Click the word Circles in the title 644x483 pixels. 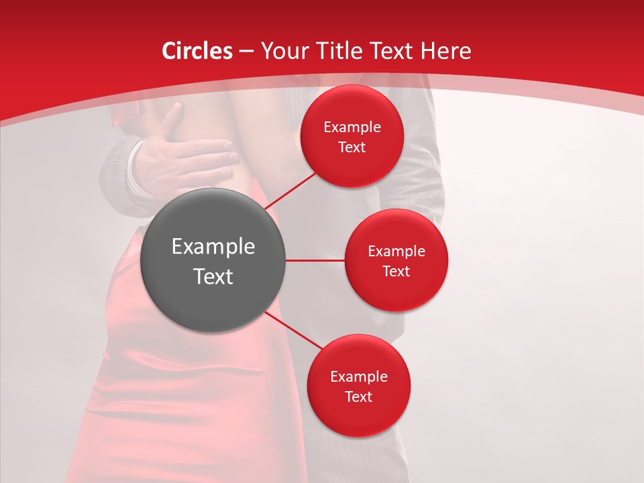click(x=197, y=51)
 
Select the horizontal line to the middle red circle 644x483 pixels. click(x=315, y=260)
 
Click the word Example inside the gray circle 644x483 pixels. click(x=213, y=246)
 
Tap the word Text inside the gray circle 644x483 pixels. click(x=213, y=276)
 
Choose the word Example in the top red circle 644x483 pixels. click(x=352, y=127)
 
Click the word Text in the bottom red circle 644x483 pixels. click(x=359, y=396)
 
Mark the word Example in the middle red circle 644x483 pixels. click(x=396, y=251)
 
